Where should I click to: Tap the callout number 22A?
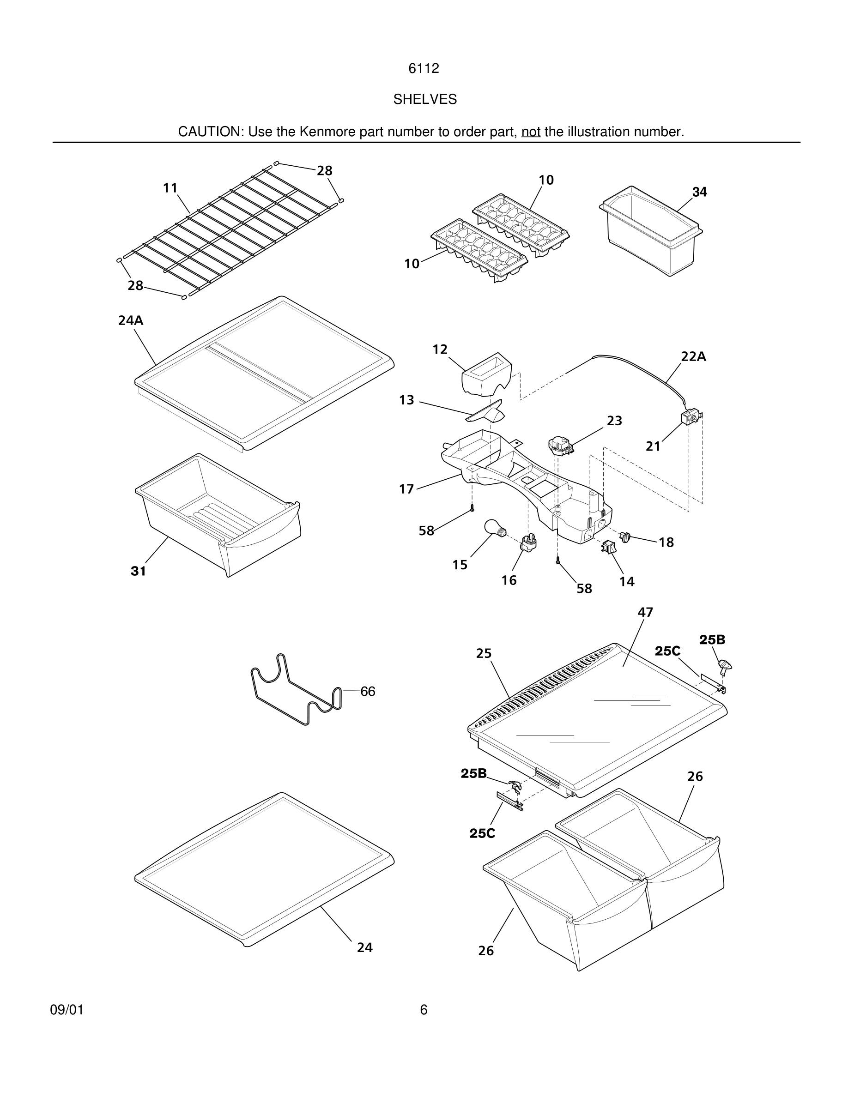tap(693, 356)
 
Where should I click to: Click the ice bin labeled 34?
tap(651, 232)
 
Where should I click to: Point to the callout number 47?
tap(645, 612)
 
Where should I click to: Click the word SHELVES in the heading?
tap(424, 99)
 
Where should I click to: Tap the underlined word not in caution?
tap(531, 132)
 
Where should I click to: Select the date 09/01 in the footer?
tap(67, 1010)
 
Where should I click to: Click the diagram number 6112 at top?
tap(424, 68)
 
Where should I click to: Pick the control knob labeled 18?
tap(625, 536)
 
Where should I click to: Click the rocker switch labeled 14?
tap(608, 548)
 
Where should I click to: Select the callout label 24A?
tap(131, 320)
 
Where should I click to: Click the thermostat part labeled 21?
tap(689, 418)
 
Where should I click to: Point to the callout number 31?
tap(138, 571)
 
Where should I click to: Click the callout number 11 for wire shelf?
tap(170, 188)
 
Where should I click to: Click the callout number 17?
tap(406, 489)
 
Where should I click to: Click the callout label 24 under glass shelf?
tap(365, 947)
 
